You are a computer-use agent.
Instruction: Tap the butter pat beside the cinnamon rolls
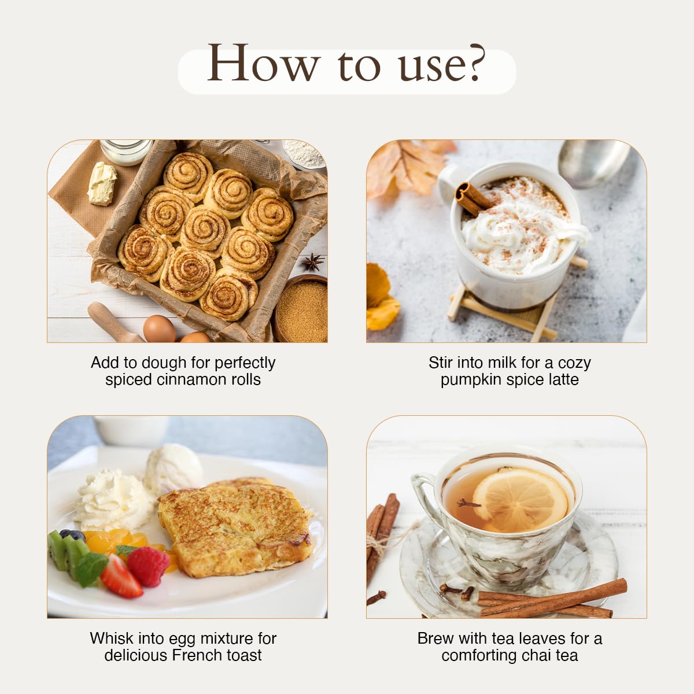point(102,183)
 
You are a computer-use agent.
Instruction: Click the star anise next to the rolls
point(313,262)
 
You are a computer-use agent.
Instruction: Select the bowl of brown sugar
point(302,308)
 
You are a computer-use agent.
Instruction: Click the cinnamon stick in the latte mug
point(472,199)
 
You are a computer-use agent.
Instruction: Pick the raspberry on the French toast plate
point(148,567)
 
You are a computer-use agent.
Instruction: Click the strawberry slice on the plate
point(121,576)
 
